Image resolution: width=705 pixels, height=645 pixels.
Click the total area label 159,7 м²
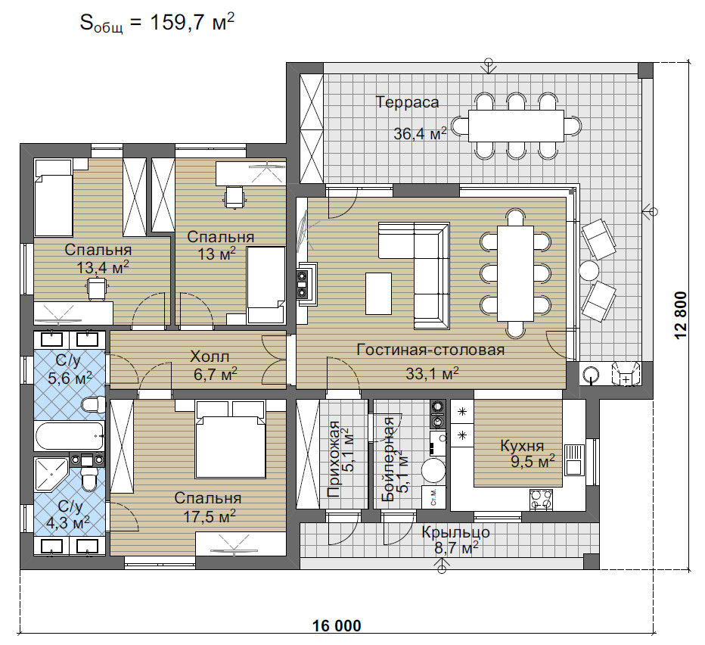pyautogui.click(x=192, y=23)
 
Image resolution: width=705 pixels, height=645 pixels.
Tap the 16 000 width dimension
pyautogui.click(x=337, y=625)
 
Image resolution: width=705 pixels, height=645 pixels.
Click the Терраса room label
pyautogui.click(x=408, y=102)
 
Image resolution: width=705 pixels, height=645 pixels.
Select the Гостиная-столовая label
pyautogui.click(x=430, y=350)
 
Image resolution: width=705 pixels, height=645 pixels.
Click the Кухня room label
pyautogui.click(x=522, y=446)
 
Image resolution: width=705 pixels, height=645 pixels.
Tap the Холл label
pyautogui.click(x=210, y=357)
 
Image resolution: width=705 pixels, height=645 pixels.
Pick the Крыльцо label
pyautogui.click(x=455, y=532)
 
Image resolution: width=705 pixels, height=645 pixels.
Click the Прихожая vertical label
pyautogui.click(x=334, y=459)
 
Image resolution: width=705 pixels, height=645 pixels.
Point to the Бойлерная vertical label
pyautogui.click(x=387, y=459)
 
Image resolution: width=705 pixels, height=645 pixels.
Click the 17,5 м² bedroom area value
pyautogui.click(x=210, y=516)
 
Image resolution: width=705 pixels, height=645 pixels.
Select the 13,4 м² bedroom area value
pyautogui.click(x=103, y=268)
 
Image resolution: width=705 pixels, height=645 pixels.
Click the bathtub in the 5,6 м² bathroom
pyautogui.click(x=70, y=436)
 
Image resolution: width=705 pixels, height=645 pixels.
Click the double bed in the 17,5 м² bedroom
pyautogui.click(x=230, y=439)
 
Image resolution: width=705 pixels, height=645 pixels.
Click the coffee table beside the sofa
pyautogui.click(x=378, y=293)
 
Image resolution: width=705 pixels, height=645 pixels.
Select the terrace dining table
pyautogui.click(x=516, y=126)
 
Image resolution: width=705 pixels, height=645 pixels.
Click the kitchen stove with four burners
pyautogui.click(x=542, y=499)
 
